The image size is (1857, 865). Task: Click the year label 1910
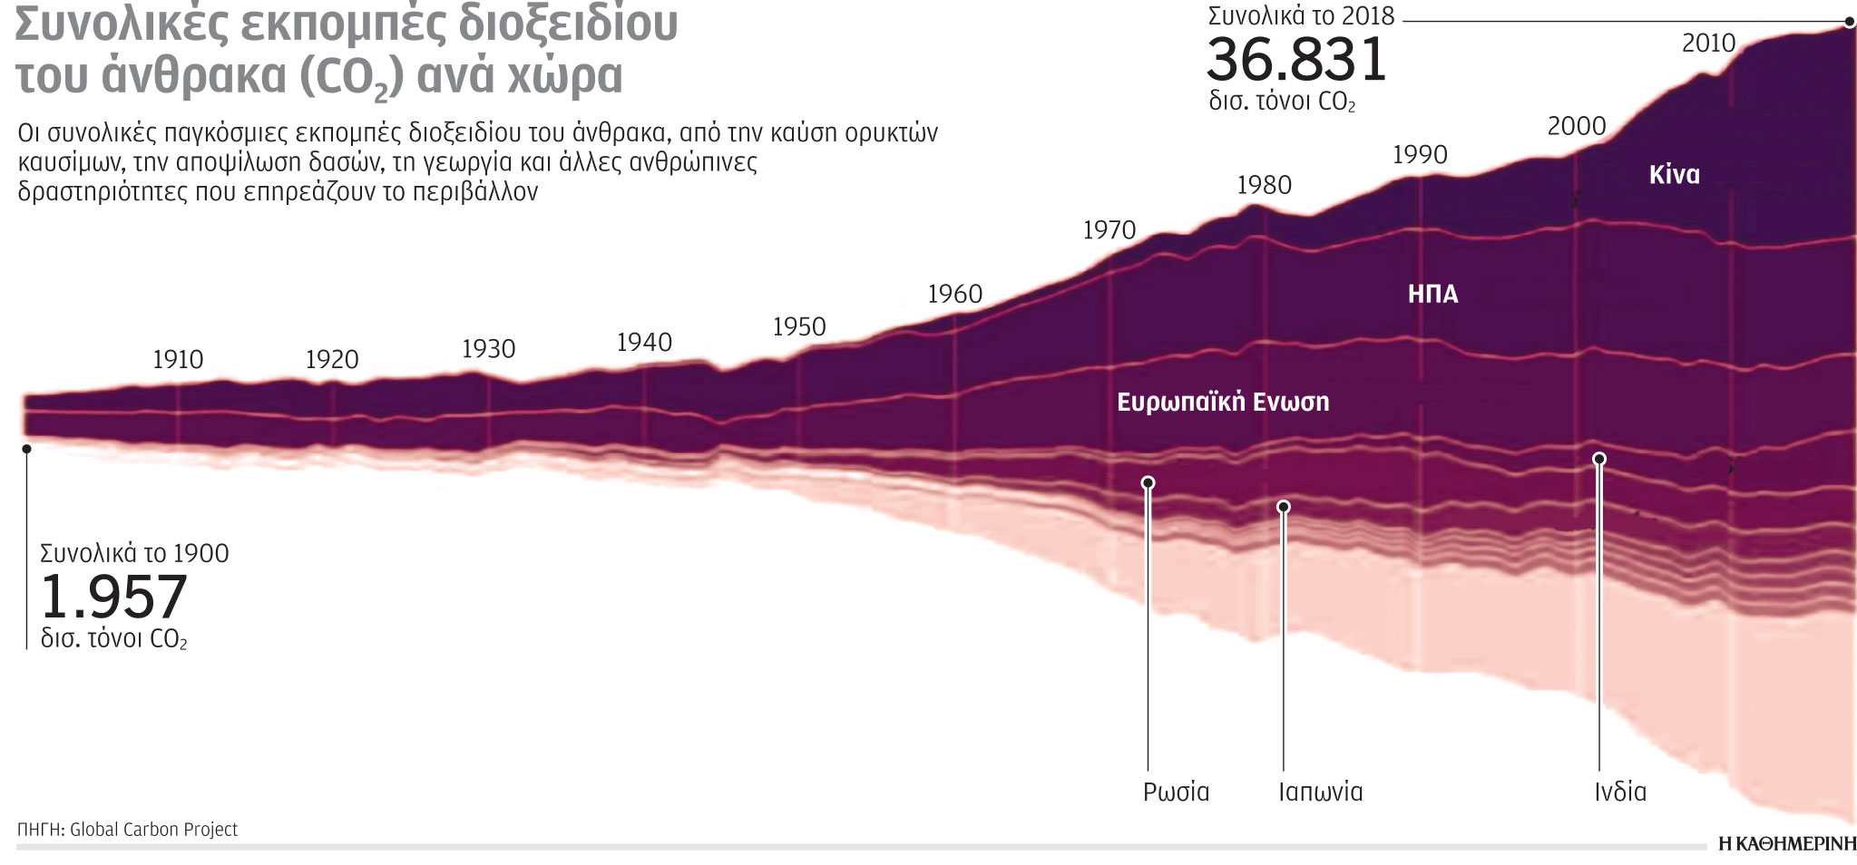tap(178, 360)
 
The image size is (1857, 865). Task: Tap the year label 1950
tap(799, 327)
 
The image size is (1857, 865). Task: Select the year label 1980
tap(1264, 186)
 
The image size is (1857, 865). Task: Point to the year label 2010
tap(1708, 44)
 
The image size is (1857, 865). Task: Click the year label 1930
tap(488, 349)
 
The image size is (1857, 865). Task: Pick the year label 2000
tap(1576, 127)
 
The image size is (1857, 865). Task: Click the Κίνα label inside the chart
tap(1674, 175)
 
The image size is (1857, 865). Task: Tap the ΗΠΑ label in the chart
tap(1432, 294)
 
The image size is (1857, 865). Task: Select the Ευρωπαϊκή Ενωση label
tap(1222, 402)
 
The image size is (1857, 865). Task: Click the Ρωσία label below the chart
tap(1176, 792)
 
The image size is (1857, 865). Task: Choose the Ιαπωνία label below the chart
tap(1320, 792)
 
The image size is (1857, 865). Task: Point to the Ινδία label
tap(1620, 792)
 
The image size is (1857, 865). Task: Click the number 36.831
tap(1296, 61)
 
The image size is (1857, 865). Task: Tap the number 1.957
tap(114, 598)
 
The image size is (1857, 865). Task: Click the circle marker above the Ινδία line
tap(1599, 459)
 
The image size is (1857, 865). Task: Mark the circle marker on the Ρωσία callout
tap(1148, 482)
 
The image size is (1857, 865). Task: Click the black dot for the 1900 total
tap(27, 449)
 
